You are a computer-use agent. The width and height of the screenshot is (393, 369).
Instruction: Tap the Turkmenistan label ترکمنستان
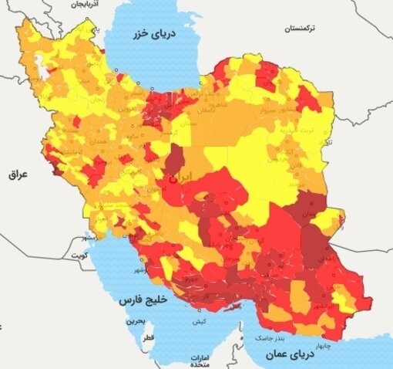[x=302, y=28]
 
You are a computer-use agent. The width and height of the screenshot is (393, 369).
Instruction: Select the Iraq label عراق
[x=17, y=174]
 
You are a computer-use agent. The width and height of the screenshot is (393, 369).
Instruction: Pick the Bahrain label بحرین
[x=136, y=319]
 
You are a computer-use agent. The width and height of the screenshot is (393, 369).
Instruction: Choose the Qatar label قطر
[x=147, y=337]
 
